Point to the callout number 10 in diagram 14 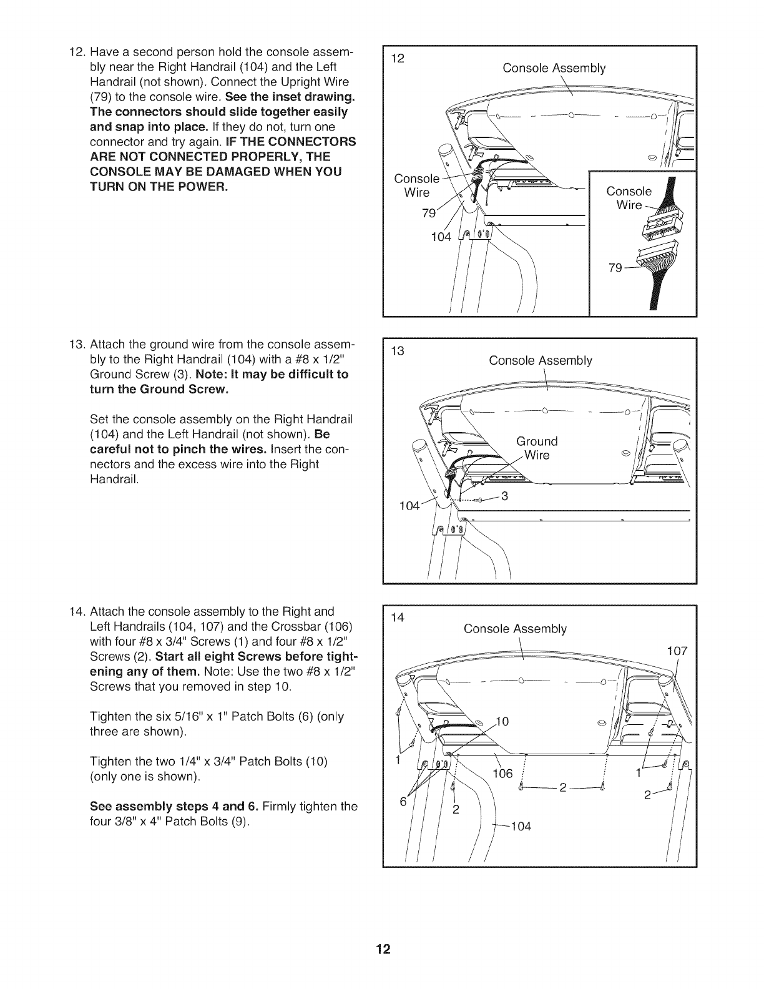point(502,722)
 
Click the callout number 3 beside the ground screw point(505,496)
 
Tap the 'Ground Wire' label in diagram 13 point(537,448)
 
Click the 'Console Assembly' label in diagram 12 point(554,68)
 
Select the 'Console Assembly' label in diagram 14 point(515,629)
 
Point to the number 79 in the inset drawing point(616,268)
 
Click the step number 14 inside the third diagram point(398,618)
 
